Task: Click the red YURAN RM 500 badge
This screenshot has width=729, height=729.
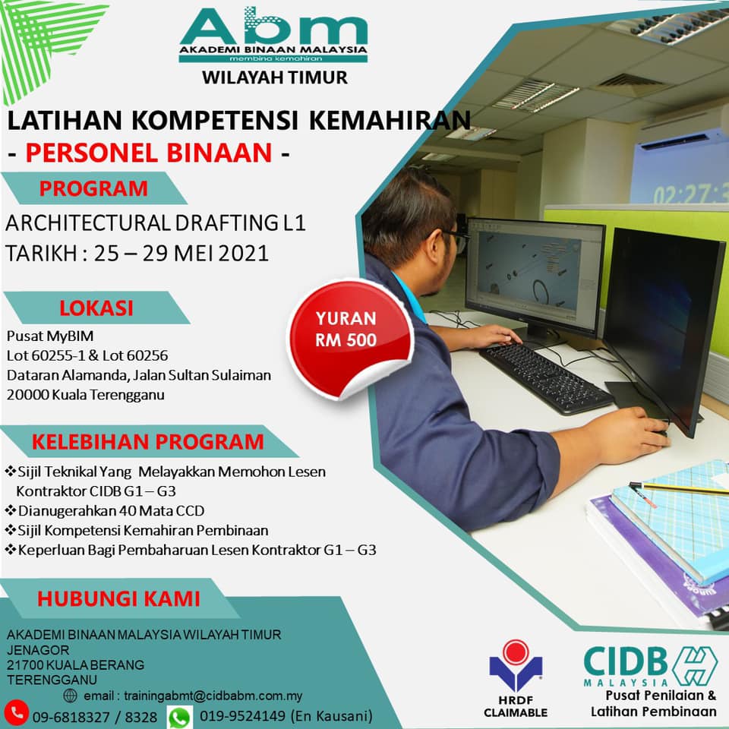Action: point(349,339)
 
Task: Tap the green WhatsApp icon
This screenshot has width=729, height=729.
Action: point(180,718)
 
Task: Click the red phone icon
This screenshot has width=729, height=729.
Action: point(17,712)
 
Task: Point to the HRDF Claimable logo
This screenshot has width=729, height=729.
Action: point(516,678)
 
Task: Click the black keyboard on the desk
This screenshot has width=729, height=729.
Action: point(545,377)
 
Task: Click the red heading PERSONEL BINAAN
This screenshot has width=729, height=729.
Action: point(149,153)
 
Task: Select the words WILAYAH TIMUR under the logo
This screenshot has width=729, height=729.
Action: point(275,77)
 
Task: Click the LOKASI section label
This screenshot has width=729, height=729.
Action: point(96,308)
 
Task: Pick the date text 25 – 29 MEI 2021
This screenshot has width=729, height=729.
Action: point(181,254)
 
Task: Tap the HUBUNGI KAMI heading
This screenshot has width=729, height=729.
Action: point(118,599)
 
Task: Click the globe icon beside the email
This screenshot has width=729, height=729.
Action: point(70,696)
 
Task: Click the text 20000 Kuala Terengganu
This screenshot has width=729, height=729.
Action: point(86,395)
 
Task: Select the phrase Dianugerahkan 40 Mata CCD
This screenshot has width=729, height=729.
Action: point(111,511)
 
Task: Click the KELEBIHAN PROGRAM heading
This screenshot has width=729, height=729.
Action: point(148,442)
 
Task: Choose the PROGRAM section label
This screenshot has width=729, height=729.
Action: point(93,188)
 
